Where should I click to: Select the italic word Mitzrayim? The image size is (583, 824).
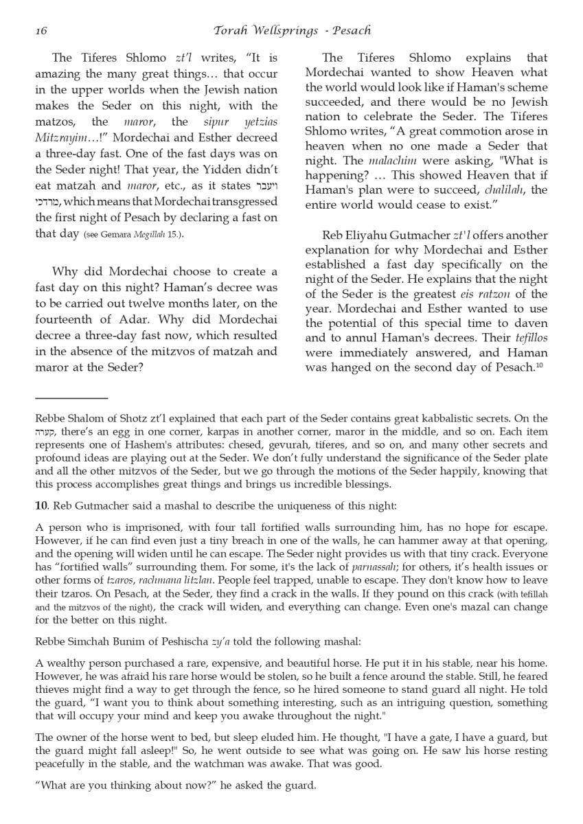click(x=61, y=137)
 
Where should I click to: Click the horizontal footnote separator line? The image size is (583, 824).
click(x=71, y=398)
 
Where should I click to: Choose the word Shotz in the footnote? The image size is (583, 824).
click(x=137, y=418)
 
